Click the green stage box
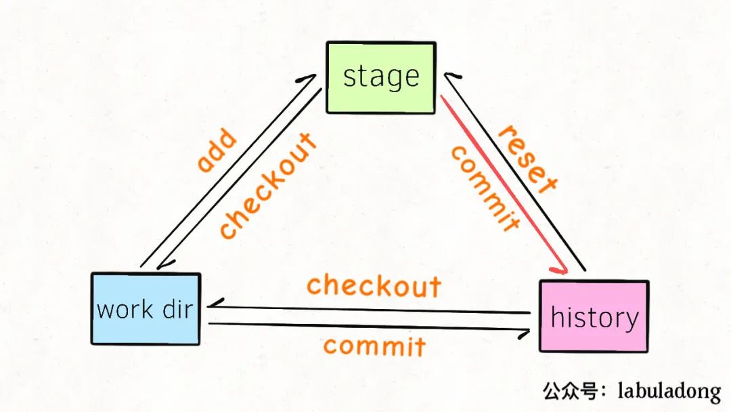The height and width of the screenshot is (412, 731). (381, 78)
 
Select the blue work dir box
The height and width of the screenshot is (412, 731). (146, 309)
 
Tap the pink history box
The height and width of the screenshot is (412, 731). (594, 316)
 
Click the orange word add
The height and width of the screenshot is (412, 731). (217, 150)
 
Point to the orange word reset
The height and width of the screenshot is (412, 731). (528, 159)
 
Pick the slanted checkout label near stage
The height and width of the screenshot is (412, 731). (268, 185)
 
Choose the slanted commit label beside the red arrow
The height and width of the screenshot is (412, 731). (485, 188)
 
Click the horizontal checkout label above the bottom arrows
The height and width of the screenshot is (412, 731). (374, 285)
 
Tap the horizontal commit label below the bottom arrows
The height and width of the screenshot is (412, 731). (374, 346)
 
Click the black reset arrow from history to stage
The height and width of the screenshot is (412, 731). (514, 171)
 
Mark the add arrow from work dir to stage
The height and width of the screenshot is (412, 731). (228, 170)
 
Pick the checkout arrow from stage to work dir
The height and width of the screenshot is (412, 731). (239, 179)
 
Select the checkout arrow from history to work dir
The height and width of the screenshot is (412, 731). (368, 310)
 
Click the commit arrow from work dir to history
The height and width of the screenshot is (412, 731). (369, 327)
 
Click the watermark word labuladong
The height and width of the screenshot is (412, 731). (669, 391)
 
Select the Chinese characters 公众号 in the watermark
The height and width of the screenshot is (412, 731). (570, 390)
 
